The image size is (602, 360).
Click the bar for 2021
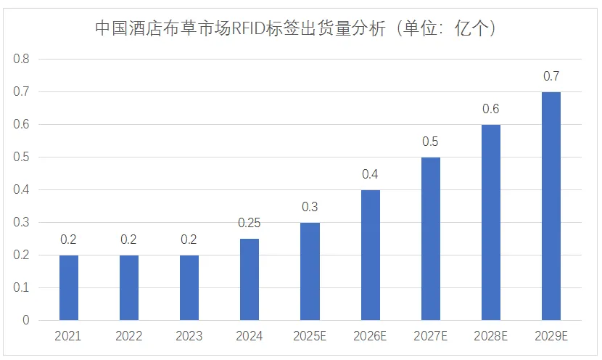pos(69,287)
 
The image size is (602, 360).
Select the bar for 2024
pos(250,279)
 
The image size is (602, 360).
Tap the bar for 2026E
pos(370,255)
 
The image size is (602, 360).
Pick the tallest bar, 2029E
pos(551,206)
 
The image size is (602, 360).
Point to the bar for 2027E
pos(430,239)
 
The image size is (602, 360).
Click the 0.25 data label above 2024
pos(250,223)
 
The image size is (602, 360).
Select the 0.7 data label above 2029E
pos(551,76)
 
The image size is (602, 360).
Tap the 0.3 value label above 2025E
pos(310,207)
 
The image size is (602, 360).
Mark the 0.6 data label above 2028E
pos(491,109)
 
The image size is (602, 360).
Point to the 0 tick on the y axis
pos(25,320)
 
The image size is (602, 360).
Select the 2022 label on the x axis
pos(129,337)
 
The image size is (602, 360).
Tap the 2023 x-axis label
pos(189,337)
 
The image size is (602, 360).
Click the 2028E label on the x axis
pos(491,337)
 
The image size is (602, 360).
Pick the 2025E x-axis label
pos(310,337)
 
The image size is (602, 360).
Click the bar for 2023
pos(189,287)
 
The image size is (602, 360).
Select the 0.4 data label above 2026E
pos(370,174)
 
